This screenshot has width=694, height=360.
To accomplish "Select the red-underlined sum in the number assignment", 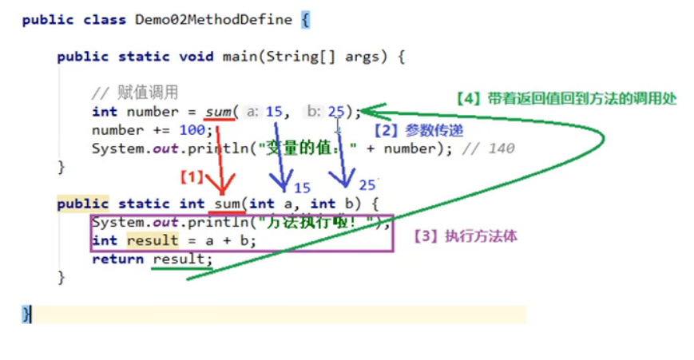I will [218, 112].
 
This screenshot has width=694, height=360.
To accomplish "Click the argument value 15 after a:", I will [274, 112].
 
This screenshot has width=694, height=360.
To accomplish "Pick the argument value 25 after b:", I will [335, 112].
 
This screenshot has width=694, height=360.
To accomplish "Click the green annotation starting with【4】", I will [566, 99].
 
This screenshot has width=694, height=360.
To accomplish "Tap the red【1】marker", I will [192, 176].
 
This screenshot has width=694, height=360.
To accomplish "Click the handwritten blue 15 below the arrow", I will [302, 188].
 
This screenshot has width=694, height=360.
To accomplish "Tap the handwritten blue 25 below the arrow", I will [367, 185].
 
